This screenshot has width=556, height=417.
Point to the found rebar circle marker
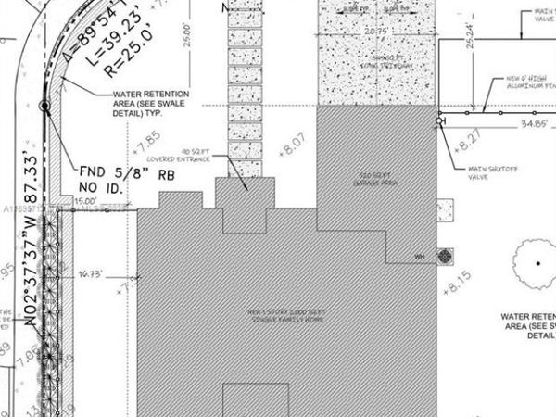click(x=44, y=107)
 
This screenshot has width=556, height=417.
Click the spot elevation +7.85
click(x=146, y=145)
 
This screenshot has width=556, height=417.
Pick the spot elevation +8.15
click(x=458, y=275)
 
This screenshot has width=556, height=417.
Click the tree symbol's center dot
click(x=536, y=262)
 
